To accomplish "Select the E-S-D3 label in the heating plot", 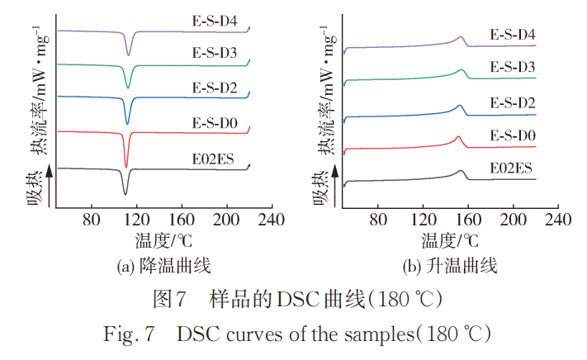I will (x=513, y=66).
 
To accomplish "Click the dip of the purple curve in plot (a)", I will (x=128, y=54).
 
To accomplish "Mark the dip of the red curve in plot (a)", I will (x=125, y=166).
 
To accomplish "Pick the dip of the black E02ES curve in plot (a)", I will (x=125, y=194).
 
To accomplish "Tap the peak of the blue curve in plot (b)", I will (x=460, y=106).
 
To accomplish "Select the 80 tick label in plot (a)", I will (x=92, y=220).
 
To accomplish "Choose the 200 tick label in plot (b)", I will (x=513, y=220).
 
